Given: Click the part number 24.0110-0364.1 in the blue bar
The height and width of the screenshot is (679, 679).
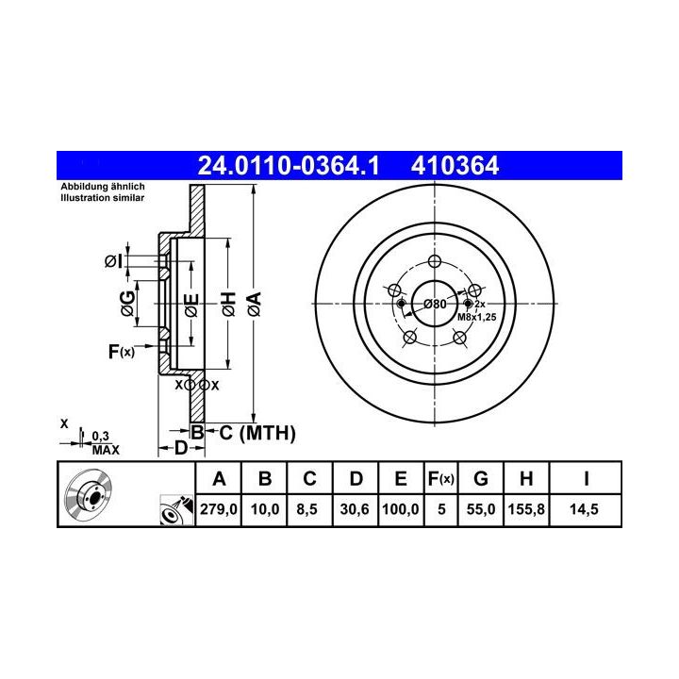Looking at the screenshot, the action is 288,166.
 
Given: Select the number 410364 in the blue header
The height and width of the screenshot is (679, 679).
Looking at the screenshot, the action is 455,166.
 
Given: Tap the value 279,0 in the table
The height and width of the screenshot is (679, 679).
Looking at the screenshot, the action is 218,509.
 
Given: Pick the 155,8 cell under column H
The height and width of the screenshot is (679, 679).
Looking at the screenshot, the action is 526,509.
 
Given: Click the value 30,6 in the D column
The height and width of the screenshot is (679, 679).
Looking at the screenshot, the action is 355,509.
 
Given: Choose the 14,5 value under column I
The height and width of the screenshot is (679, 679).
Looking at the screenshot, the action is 584,509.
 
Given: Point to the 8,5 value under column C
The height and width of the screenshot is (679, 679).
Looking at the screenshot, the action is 307,509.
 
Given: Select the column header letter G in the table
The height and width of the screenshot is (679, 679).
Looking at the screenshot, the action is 481,478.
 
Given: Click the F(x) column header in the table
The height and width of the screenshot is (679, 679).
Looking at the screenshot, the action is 440,479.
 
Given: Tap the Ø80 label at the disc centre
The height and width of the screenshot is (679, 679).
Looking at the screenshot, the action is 435,304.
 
